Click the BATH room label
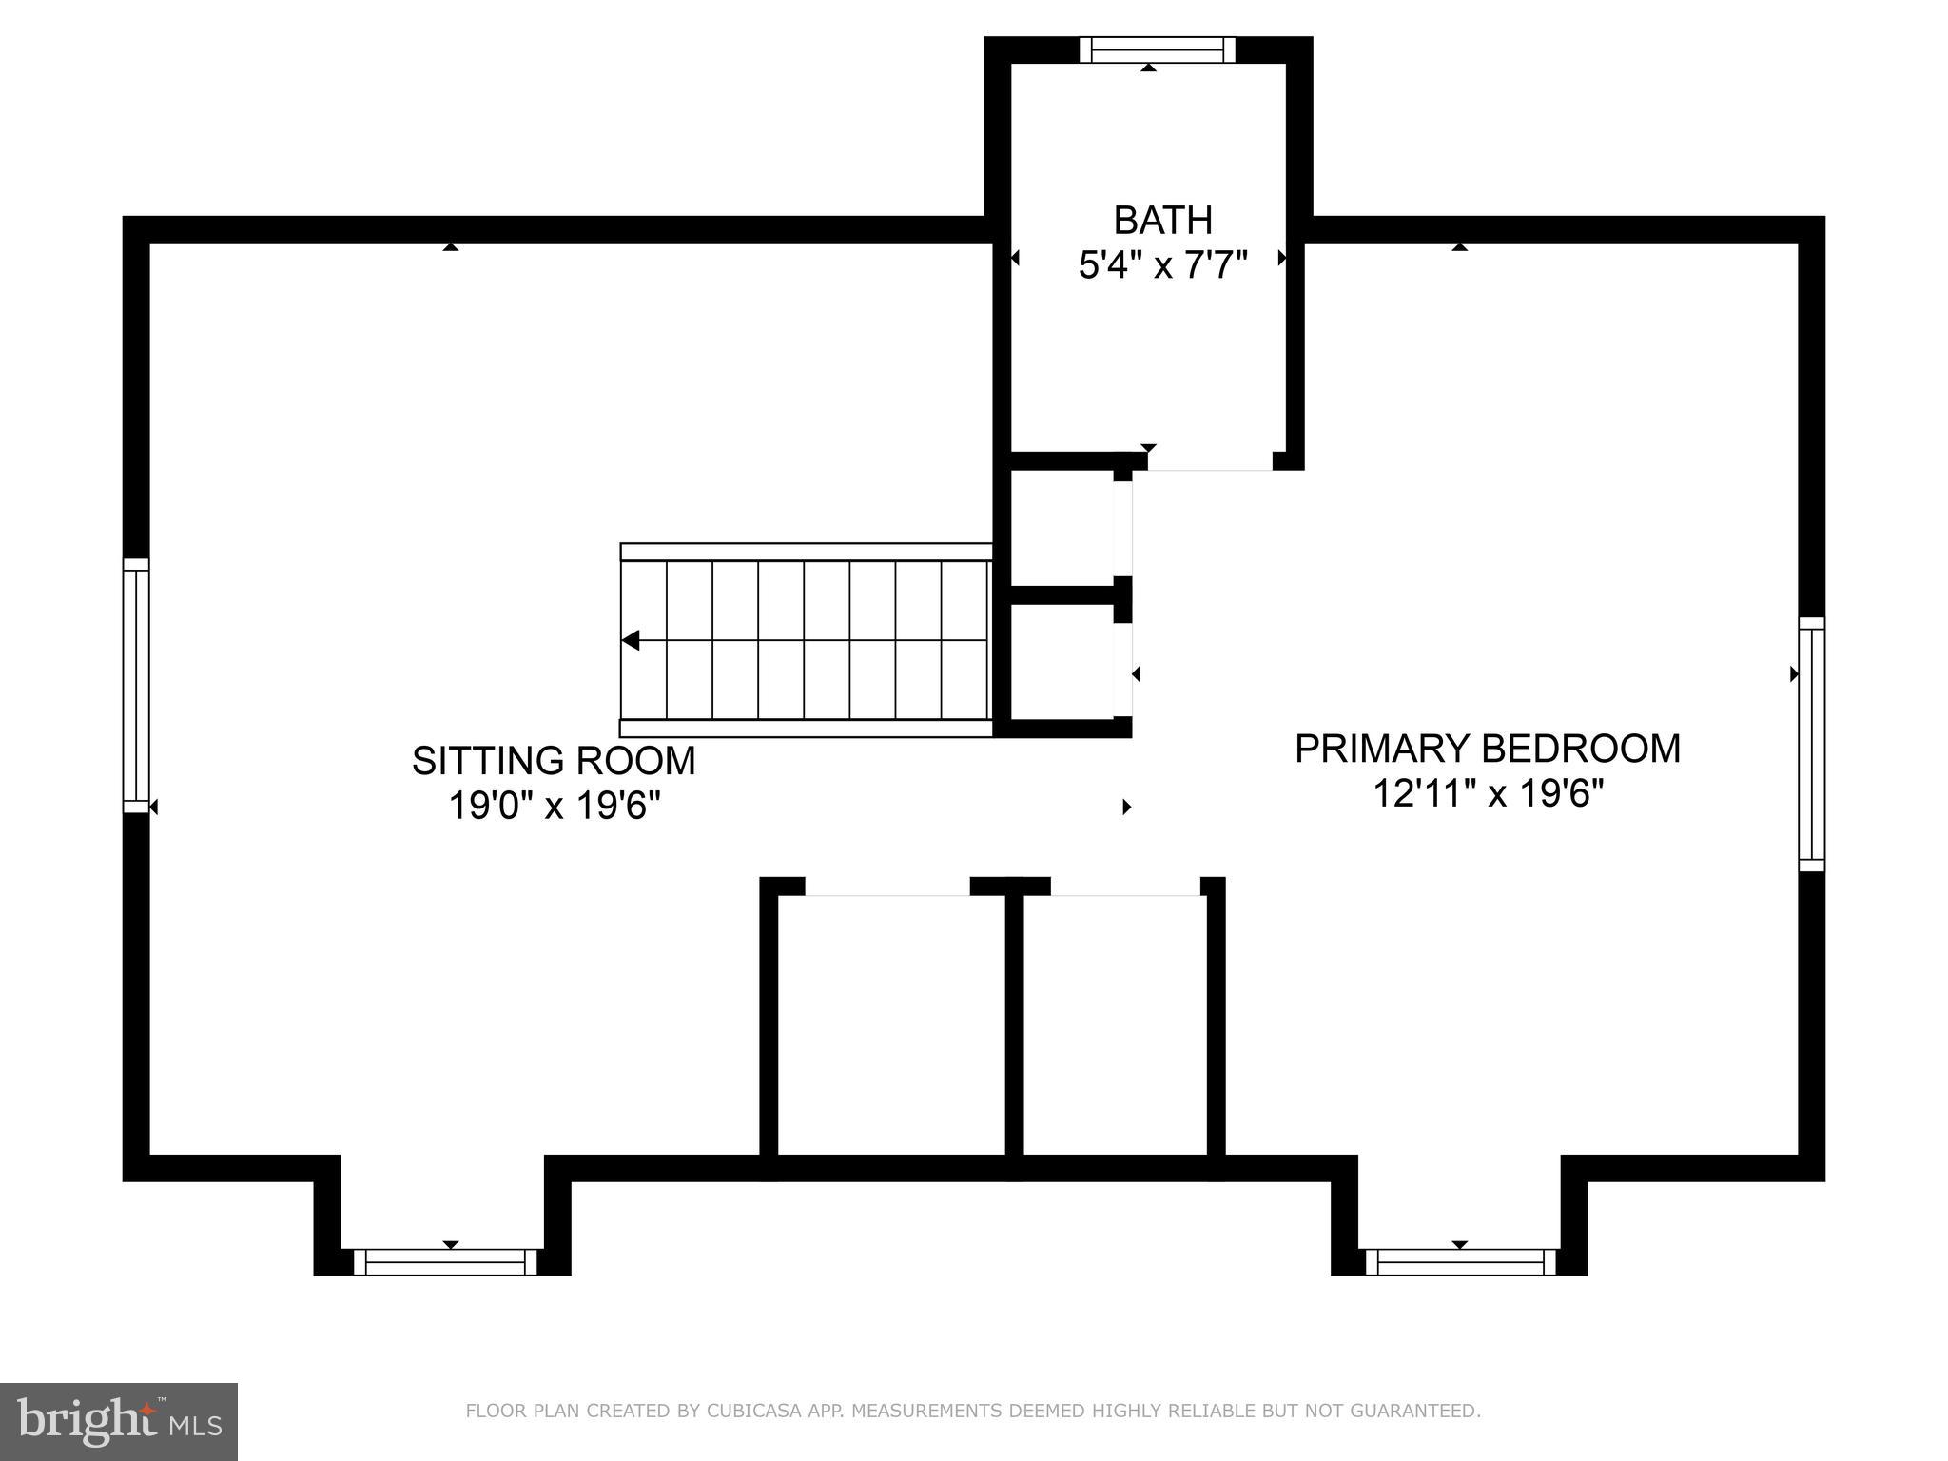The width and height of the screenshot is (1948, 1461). point(1162,221)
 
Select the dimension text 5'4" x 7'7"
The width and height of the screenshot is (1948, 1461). point(1162,265)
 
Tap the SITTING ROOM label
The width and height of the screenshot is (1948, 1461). point(554,761)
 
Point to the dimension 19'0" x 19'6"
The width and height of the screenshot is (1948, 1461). point(554,807)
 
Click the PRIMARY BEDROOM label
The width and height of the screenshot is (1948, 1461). point(1487,749)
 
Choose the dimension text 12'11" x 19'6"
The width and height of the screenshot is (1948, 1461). point(1487,793)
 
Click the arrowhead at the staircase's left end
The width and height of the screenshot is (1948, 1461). point(631,641)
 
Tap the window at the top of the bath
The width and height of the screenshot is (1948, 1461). point(1157,50)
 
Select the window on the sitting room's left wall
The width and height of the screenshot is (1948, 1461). point(136,685)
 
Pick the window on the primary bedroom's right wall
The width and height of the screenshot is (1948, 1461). point(1811,744)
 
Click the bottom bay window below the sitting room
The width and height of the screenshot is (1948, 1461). point(445,1261)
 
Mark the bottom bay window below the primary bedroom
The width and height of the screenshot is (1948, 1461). point(1460,1261)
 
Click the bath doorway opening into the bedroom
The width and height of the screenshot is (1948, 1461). point(1209,463)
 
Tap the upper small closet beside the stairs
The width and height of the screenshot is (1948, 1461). point(1062,528)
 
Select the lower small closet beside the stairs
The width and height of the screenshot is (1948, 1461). point(1062,661)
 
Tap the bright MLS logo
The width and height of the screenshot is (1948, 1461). point(119,1421)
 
